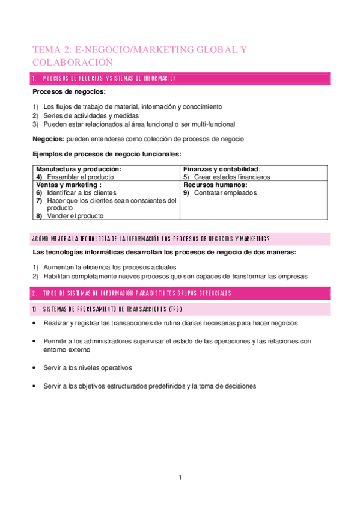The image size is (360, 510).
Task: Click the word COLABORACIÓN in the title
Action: (x=73, y=61)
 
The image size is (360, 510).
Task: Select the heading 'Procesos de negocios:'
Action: (x=69, y=92)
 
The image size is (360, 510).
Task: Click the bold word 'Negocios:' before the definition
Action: (x=49, y=138)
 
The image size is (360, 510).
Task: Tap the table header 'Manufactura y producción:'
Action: (x=79, y=170)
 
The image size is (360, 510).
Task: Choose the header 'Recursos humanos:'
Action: (x=215, y=185)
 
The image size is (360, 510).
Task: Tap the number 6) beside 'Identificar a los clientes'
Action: (x=39, y=193)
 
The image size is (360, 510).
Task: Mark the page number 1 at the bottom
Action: (x=180, y=478)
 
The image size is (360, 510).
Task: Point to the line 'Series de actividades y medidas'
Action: (x=91, y=115)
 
